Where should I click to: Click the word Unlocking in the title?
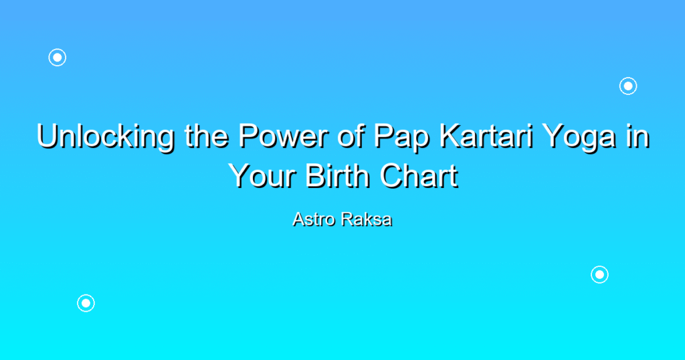pos(106,137)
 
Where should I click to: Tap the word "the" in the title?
pos(206,136)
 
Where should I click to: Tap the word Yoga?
pos(579,137)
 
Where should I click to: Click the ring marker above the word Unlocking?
pos(58,49)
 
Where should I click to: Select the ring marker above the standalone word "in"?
pos(628,78)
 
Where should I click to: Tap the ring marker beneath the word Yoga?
pos(599,266)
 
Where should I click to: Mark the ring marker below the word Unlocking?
pos(86,295)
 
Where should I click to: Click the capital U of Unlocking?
pos(47,136)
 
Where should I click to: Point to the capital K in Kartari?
pos(450,136)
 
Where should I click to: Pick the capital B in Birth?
pos(314,175)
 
